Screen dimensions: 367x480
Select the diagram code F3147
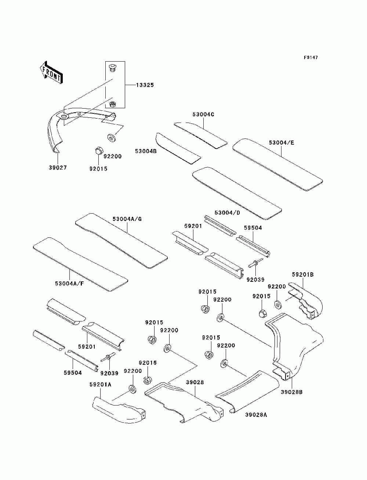click(310, 58)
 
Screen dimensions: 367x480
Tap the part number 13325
click(145, 85)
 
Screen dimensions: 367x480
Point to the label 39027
click(58, 168)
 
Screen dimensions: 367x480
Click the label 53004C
click(203, 114)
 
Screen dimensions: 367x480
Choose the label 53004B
click(146, 151)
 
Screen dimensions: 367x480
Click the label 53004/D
click(228, 212)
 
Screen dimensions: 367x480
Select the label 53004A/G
click(127, 219)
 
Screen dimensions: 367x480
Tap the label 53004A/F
click(70, 284)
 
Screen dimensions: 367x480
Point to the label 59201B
click(303, 274)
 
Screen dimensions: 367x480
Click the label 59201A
click(101, 384)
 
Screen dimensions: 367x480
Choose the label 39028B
click(291, 392)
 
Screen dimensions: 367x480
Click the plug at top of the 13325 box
click(112, 67)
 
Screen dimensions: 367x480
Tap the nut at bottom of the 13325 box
click(112, 104)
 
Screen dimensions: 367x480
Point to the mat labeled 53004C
click(200, 135)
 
